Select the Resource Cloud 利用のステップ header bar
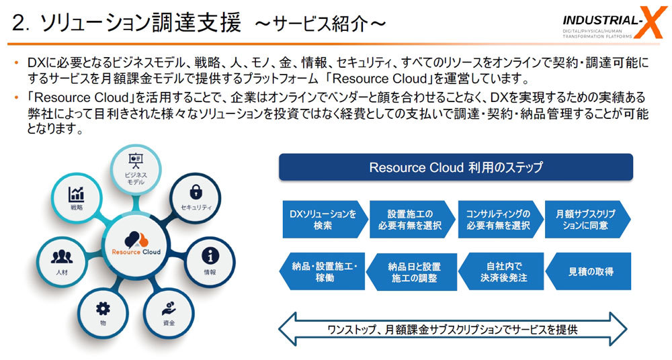pyautogui.click(x=456, y=167)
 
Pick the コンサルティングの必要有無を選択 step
pyautogui.click(x=497, y=220)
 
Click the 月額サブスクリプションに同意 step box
pyautogui.click(x=586, y=220)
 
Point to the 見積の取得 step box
pyautogui.click(x=587, y=271)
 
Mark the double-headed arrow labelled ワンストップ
pyautogui.click(x=456, y=329)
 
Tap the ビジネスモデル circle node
pyautogui.click(x=136, y=165)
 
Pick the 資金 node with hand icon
pyautogui.click(x=169, y=313)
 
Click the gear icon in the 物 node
pyautogui.click(x=103, y=308)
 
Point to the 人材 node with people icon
pyautogui.click(x=62, y=261)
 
